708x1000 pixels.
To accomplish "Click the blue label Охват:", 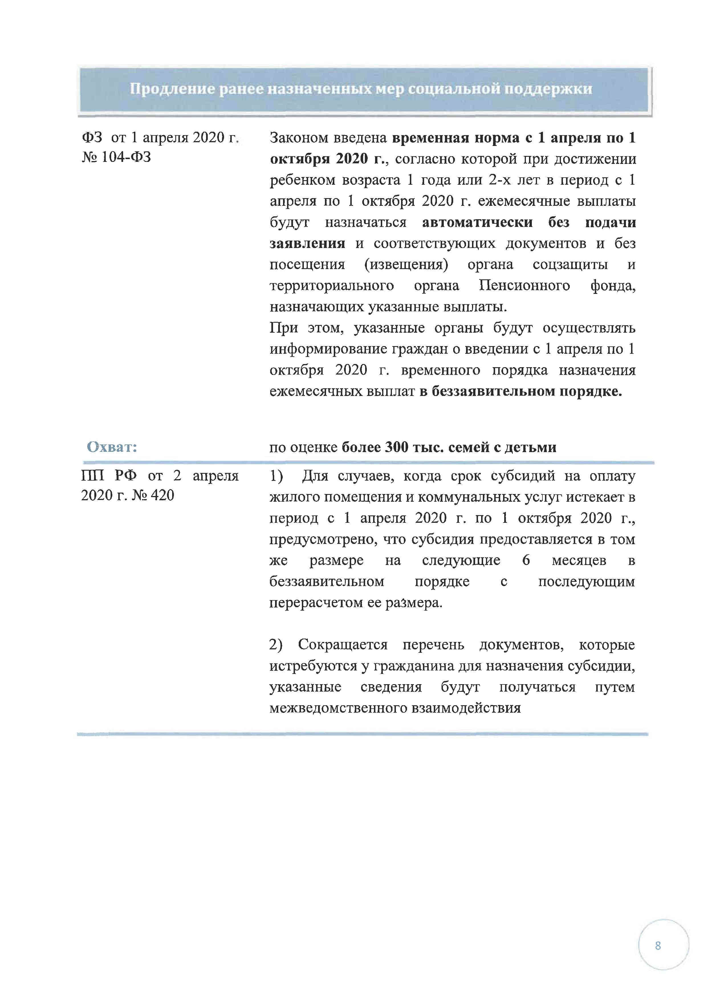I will [x=112, y=447].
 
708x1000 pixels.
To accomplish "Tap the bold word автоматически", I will [x=477, y=222].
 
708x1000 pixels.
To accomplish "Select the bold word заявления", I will [x=307, y=243].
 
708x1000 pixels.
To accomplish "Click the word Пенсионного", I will [x=524, y=286].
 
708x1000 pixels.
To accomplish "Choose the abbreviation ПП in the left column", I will [x=92, y=475].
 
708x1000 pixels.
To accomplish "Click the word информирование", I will [x=328, y=349].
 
